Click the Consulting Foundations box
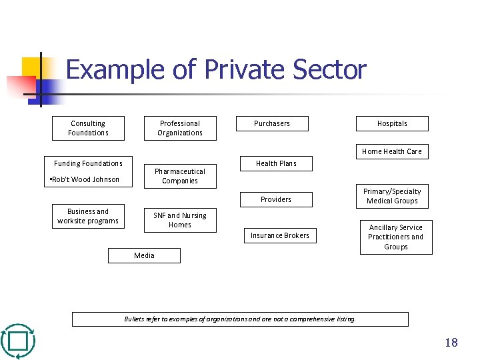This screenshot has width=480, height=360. pos(88,128)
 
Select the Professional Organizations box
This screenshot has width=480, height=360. pos(180,128)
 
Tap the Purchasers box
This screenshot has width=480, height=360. pos(272,123)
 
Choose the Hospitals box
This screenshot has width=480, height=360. pos(392,123)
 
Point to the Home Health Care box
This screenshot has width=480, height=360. pos(392,151)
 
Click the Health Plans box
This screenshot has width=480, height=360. pos(276,163)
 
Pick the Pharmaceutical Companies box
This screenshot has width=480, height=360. pos(180,176)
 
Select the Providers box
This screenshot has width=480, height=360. pos(276,199)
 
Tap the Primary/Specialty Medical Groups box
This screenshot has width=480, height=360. pos(392,196)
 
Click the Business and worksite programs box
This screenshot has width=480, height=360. pos(88,216)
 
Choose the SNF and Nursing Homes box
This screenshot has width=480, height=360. pos(180,220)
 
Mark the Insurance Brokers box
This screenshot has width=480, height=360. pos(280,235)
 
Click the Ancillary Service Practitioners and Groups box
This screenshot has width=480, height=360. pos(396,237)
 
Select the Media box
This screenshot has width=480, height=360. pos(144,255)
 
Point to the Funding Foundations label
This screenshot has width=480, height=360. pos(88,163)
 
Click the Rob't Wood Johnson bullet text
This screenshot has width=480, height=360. pos(85,179)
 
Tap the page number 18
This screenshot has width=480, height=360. pos(451,343)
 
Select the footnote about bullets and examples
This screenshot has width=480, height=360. pos(240,319)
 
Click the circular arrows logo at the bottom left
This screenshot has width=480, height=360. pos(18,341)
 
